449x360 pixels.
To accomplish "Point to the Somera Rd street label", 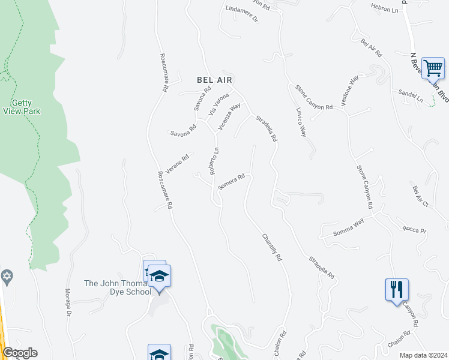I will (232, 182).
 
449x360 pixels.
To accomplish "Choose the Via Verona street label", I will (218, 104).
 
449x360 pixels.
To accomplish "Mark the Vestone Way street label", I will (350, 91).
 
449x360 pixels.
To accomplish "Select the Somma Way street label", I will (349, 226).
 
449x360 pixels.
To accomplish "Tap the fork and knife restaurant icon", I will (397, 289).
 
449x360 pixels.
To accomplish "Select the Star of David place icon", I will (7, 277).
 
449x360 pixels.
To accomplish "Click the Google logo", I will (20, 353).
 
